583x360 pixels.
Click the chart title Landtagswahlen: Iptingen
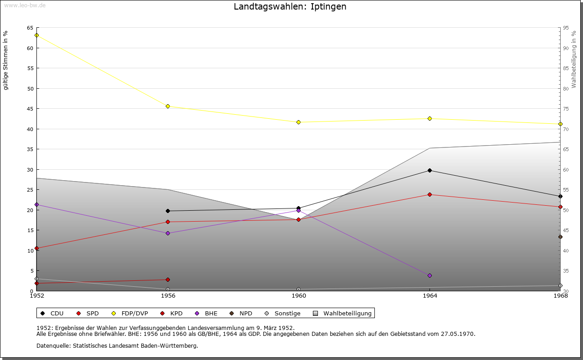pos(290,7)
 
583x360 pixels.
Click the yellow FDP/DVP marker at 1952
pos(36,35)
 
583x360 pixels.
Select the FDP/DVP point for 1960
pos(298,122)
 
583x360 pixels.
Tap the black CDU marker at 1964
pos(430,170)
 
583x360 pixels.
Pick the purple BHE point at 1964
pos(430,275)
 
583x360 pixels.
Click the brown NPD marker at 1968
pos(560,237)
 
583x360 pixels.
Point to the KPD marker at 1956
pos(168,279)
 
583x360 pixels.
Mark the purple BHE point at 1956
pos(168,233)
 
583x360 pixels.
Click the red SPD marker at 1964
pos(430,194)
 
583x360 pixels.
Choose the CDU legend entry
pos(52,313)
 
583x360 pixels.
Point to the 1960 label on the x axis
pos(299,296)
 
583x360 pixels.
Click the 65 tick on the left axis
pos(30,28)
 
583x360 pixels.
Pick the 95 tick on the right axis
pos(566,28)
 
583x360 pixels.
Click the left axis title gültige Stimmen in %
pos(5,60)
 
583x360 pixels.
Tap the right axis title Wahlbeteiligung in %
pos(574,60)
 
